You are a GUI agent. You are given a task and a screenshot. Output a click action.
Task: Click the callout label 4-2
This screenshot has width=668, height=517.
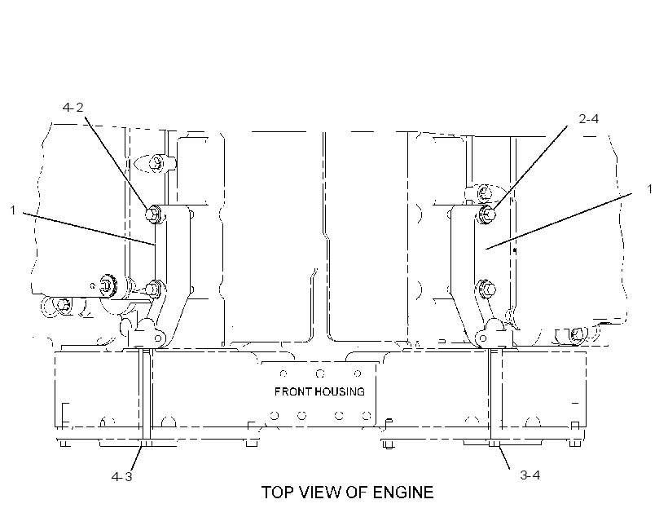[x=73, y=108]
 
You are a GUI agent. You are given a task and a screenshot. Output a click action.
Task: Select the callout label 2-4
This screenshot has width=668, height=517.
[x=588, y=119]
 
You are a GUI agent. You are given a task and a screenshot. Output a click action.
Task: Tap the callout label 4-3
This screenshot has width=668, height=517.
[x=122, y=476]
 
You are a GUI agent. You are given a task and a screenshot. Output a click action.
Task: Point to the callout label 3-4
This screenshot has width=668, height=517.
[x=530, y=475]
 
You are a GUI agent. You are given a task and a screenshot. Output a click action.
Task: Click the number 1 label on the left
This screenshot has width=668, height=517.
[x=13, y=210]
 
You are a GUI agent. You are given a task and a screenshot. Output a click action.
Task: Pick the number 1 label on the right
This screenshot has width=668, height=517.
[x=650, y=188]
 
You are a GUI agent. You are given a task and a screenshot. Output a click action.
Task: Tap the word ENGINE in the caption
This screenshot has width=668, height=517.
[x=403, y=493]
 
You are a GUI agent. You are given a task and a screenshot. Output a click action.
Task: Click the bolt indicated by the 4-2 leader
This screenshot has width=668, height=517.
[x=153, y=214]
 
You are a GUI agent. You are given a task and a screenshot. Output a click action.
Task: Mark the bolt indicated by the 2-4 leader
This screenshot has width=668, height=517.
[x=488, y=213]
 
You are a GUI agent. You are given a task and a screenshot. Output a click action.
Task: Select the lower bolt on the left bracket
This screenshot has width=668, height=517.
[x=153, y=289]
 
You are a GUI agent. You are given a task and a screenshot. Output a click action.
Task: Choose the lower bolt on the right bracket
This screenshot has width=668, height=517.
[x=487, y=289]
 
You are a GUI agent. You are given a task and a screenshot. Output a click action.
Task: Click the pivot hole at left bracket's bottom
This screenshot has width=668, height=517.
[x=158, y=338]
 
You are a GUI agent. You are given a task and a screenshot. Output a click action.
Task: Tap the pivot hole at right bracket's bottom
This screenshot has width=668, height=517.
[x=483, y=339]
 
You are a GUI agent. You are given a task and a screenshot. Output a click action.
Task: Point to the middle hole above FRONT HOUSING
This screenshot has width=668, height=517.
[x=320, y=373]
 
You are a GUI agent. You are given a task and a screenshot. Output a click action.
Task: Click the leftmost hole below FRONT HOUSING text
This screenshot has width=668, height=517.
[x=275, y=416]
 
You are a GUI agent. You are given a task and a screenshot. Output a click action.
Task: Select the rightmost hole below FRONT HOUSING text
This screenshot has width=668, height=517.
[x=367, y=416]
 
